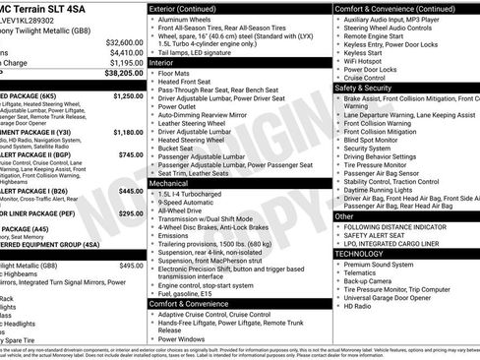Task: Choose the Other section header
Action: pos(344,215)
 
